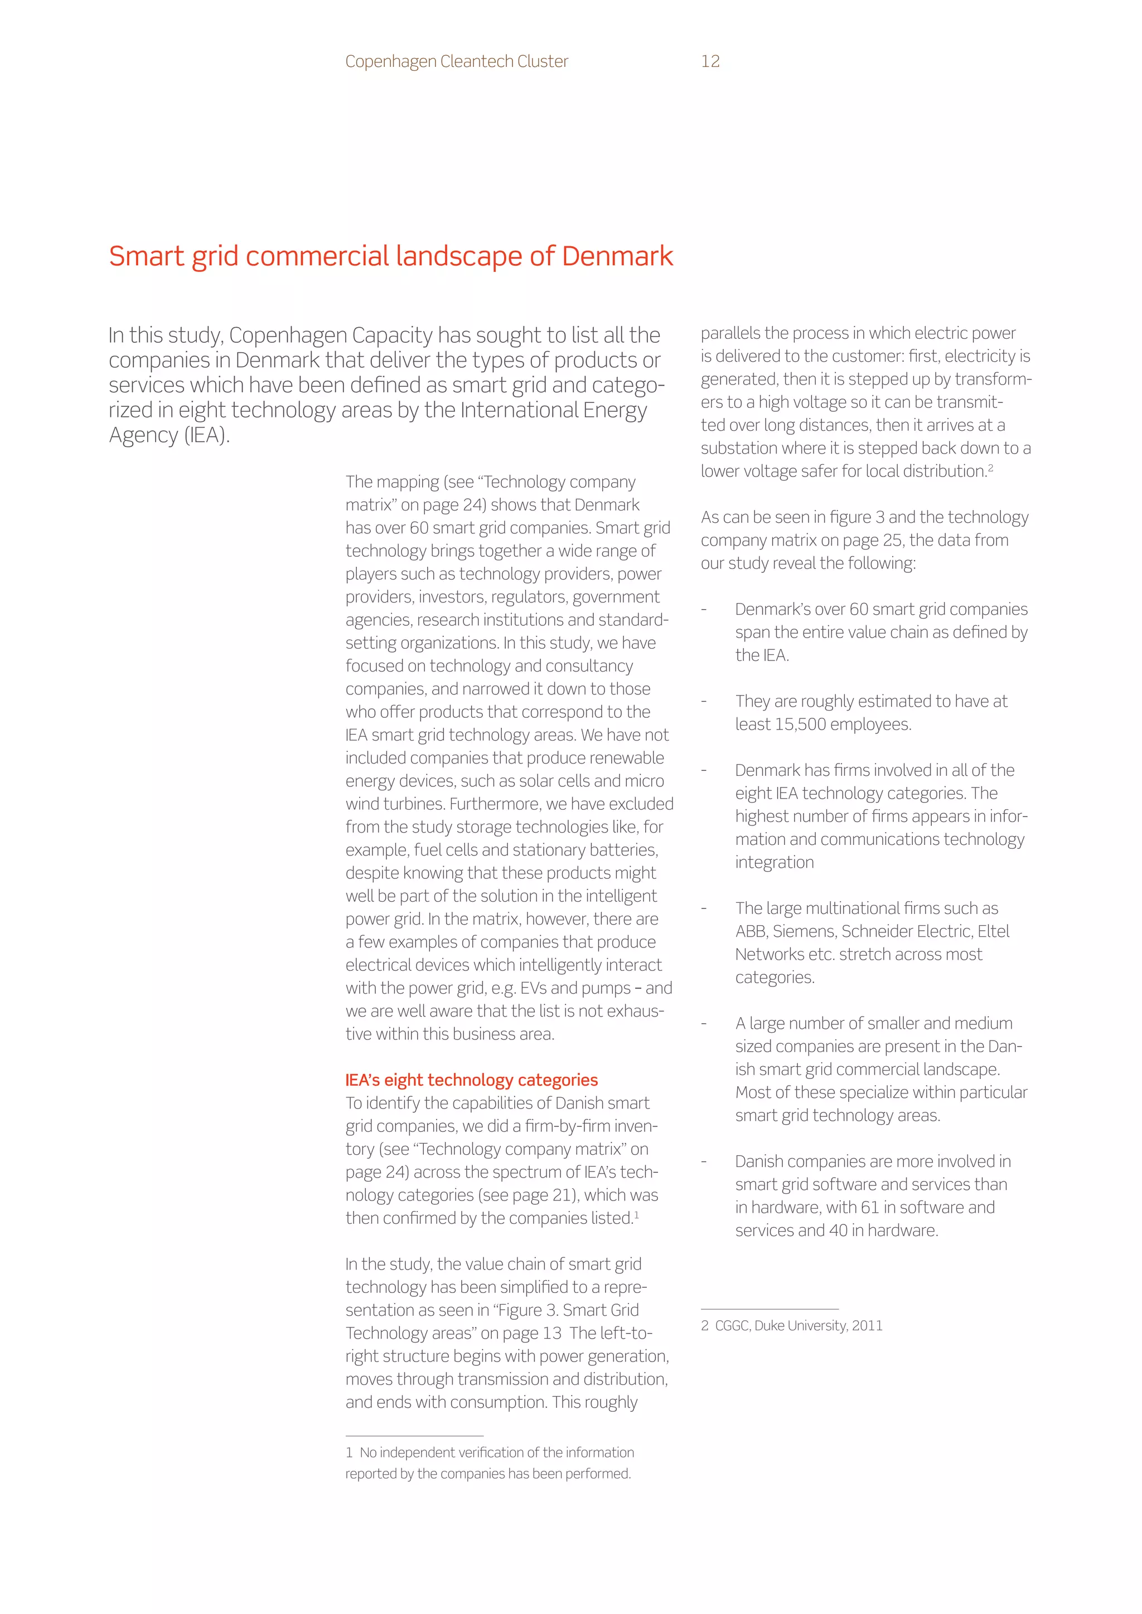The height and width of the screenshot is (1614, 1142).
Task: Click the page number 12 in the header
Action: click(710, 61)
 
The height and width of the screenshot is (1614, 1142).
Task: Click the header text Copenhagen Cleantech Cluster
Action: click(456, 61)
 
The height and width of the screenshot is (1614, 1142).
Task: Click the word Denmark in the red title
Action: click(617, 256)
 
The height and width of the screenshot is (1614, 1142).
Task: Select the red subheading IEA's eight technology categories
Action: click(471, 1080)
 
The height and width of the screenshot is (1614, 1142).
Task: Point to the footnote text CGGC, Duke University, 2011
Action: click(798, 1326)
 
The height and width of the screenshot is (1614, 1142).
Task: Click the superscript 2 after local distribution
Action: click(990, 467)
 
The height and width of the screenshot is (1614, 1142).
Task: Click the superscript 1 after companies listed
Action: click(636, 1214)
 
